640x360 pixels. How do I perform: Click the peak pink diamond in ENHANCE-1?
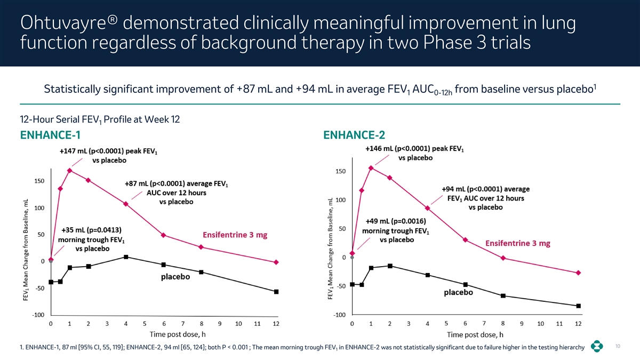pos(70,171)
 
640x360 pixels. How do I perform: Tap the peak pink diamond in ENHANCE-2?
pos(371,168)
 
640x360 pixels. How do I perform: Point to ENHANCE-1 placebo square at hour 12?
pos(276,292)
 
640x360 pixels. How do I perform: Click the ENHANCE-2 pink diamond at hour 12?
pos(578,273)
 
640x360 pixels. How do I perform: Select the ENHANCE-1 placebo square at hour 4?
pos(126,257)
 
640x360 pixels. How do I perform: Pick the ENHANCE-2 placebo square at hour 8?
pos(503,296)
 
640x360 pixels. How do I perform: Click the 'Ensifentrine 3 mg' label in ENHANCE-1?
pos(235,235)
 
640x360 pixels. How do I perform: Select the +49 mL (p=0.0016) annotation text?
pos(395,221)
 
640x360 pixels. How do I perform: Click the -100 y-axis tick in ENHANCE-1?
pos(37,315)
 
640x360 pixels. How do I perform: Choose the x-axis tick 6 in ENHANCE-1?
pos(164,324)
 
